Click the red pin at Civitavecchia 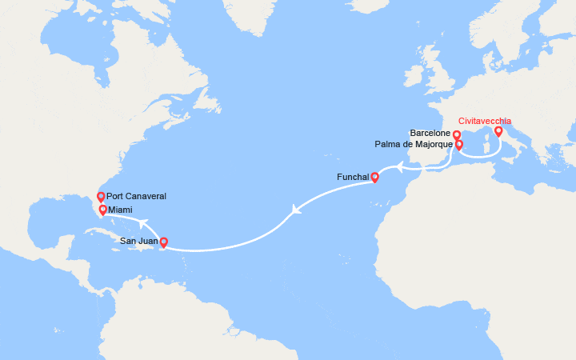click(x=498, y=131)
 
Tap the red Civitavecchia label click(x=485, y=122)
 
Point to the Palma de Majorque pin click(x=459, y=146)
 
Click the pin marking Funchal click(x=374, y=177)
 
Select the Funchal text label click(x=353, y=177)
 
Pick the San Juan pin click(x=164, y=242)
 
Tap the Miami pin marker click(x=102, y=210)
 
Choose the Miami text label click(x=120, y=210)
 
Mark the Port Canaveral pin click(x=100, y=197)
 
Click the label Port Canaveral click(x=136, y=197)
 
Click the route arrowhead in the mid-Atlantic click(x=296, y=210)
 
